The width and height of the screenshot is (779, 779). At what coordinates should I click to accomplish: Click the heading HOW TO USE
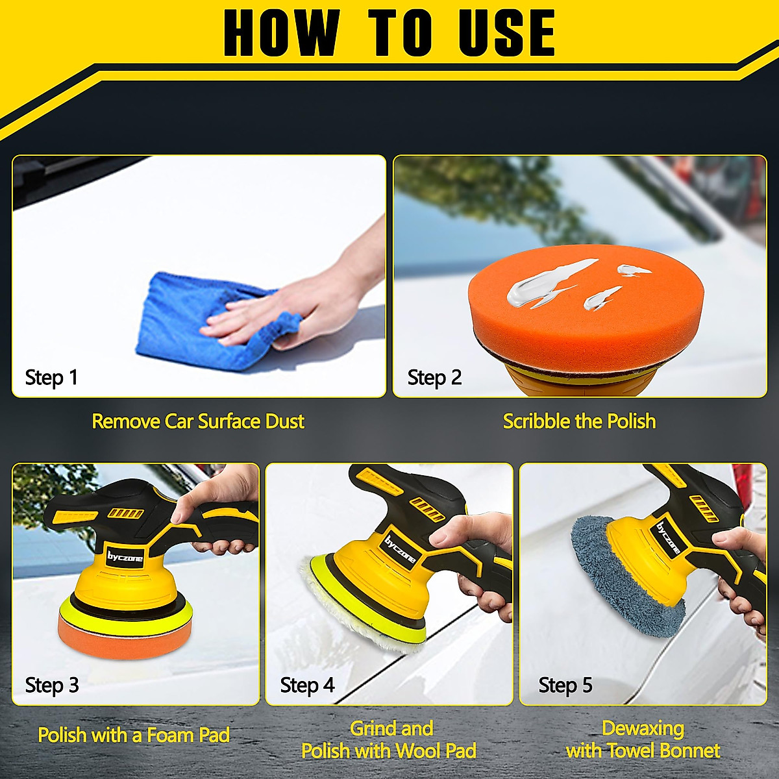click(389, 32)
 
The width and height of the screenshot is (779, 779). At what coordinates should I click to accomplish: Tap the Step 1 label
click(51, 377)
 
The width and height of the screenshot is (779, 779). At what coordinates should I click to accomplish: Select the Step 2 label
click(434, 377)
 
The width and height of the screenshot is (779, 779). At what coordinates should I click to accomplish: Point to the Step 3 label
click(52, 685)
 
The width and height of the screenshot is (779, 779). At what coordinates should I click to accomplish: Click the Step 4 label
click(307, 685)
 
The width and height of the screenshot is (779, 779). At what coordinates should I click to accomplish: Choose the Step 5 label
click(565, 685)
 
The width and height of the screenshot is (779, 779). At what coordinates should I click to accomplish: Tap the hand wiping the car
click(292, 305)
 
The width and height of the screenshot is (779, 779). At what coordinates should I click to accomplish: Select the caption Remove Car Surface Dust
click(198, 421)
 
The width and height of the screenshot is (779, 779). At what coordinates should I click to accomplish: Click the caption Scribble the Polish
click(579, 421)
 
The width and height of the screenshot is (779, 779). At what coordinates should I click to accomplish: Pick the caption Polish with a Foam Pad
click(134, 735)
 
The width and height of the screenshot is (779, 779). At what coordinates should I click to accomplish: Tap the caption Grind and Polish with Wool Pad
click(389, 739)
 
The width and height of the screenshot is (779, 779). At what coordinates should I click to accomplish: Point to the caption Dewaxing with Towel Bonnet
click(643, 739)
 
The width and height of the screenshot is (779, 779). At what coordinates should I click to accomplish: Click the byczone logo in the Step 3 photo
click(125, 558)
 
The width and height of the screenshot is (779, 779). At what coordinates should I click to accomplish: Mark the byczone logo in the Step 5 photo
click(668, 538)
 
